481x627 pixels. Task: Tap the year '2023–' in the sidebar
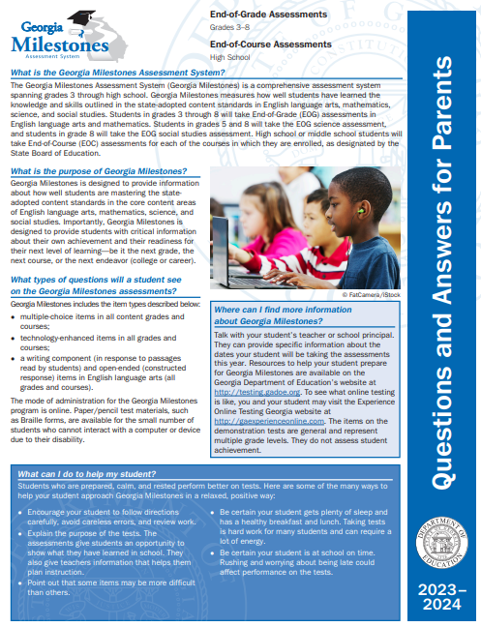(445, 588)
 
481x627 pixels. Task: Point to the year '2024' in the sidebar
(445, 607)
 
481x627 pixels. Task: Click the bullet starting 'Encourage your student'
(106, 512)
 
